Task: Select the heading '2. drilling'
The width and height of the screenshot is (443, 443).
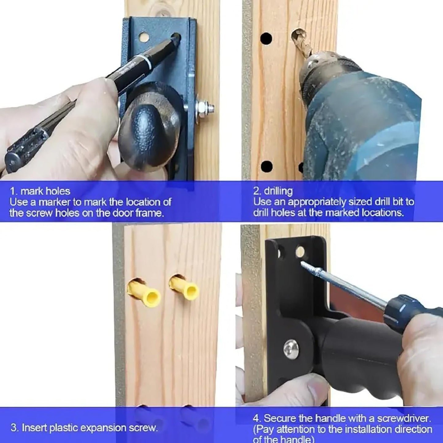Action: click(x=273, y=191)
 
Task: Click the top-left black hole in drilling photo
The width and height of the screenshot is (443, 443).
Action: click(x=266, y=39)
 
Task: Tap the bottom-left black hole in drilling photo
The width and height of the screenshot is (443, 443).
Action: click(x=267, y=166)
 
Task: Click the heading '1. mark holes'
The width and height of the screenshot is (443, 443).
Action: click(x=40, y=191)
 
